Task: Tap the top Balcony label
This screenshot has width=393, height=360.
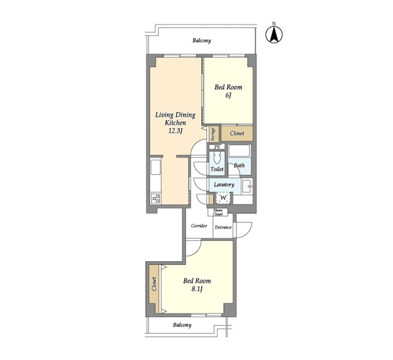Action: (x=201, y=40)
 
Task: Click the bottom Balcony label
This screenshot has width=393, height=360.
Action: (x=182, y=325)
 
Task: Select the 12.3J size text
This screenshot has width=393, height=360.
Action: (x=175, y=131)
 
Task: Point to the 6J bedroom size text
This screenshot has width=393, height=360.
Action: (x=228, y=95)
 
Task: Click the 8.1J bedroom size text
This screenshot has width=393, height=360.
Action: (x=197, y=289)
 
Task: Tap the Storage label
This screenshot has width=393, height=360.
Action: (x=213, y=134)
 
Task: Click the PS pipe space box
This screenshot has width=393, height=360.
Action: (x=217, y=147)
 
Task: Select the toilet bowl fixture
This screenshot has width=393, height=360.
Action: (x=217, y=158)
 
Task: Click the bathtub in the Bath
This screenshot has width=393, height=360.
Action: (x=239, y=151)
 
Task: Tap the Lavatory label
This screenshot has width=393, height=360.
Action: (x=224, y=184)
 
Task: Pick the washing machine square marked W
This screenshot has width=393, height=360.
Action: (x=223, y=198)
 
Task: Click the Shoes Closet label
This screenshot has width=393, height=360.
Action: (x=217, y=212)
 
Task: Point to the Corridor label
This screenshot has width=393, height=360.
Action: (x=199, y=226)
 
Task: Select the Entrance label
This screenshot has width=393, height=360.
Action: (x=223, y=227)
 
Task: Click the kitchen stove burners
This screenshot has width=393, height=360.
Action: (x=156, y=198)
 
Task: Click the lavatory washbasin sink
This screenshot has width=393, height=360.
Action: (x=247, y=187)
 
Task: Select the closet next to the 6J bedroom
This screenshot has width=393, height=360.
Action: (x=237, y=133)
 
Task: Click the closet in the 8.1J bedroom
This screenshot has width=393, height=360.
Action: (x=154, y=288)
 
